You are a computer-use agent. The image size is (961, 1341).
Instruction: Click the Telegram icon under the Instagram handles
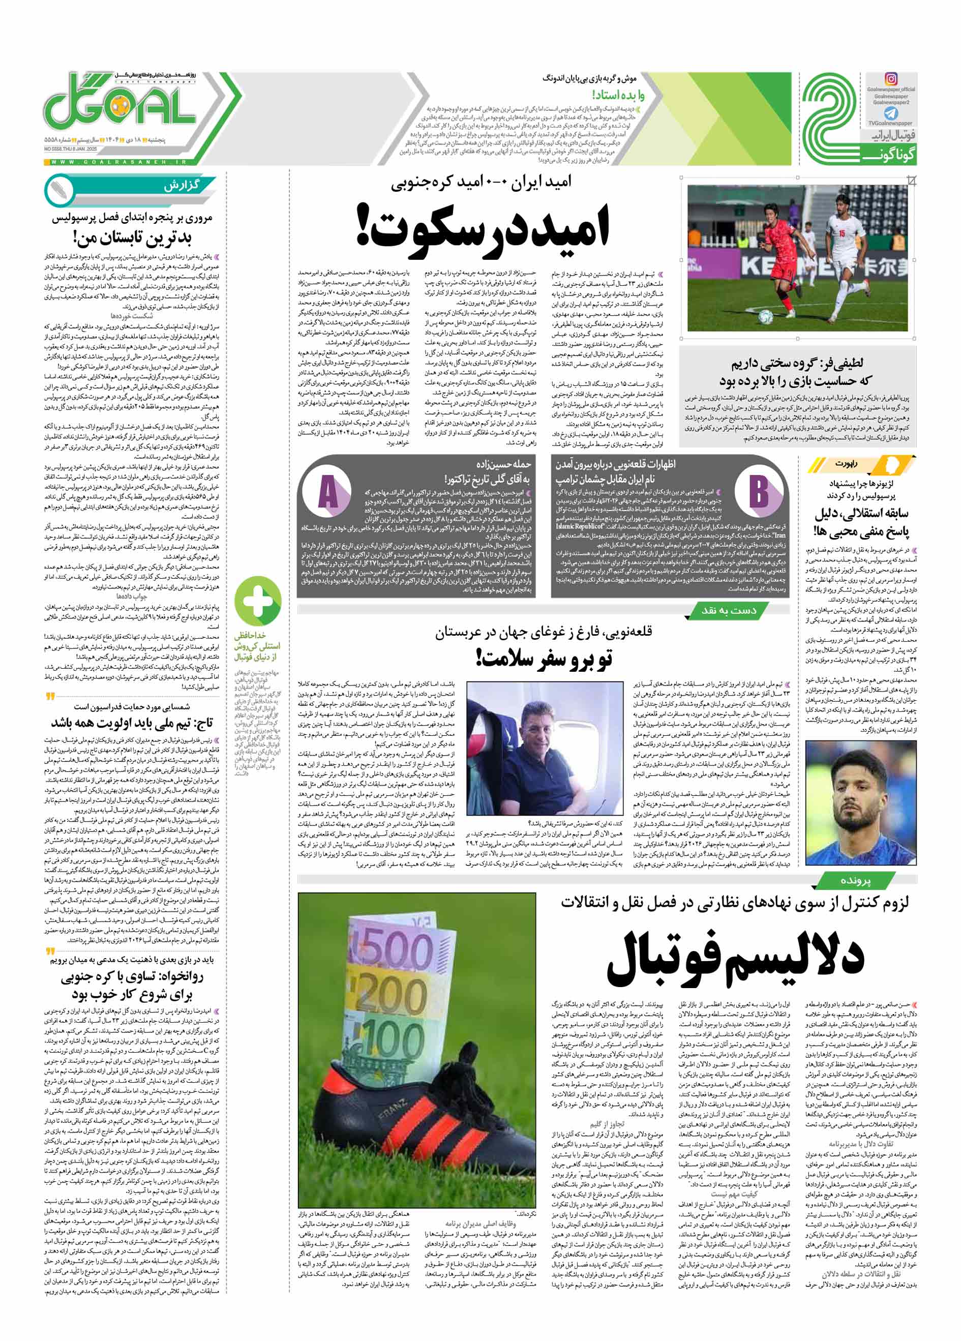pyautogui.click(x=891, y=113)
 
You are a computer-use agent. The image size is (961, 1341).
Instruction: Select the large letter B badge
pyautogui.click(x=758, y=490)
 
